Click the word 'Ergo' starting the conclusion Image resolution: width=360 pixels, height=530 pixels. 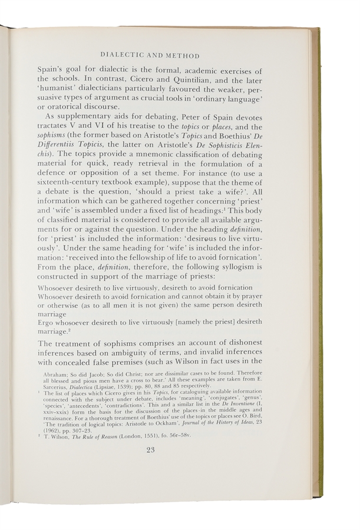(x=47, y=322)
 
